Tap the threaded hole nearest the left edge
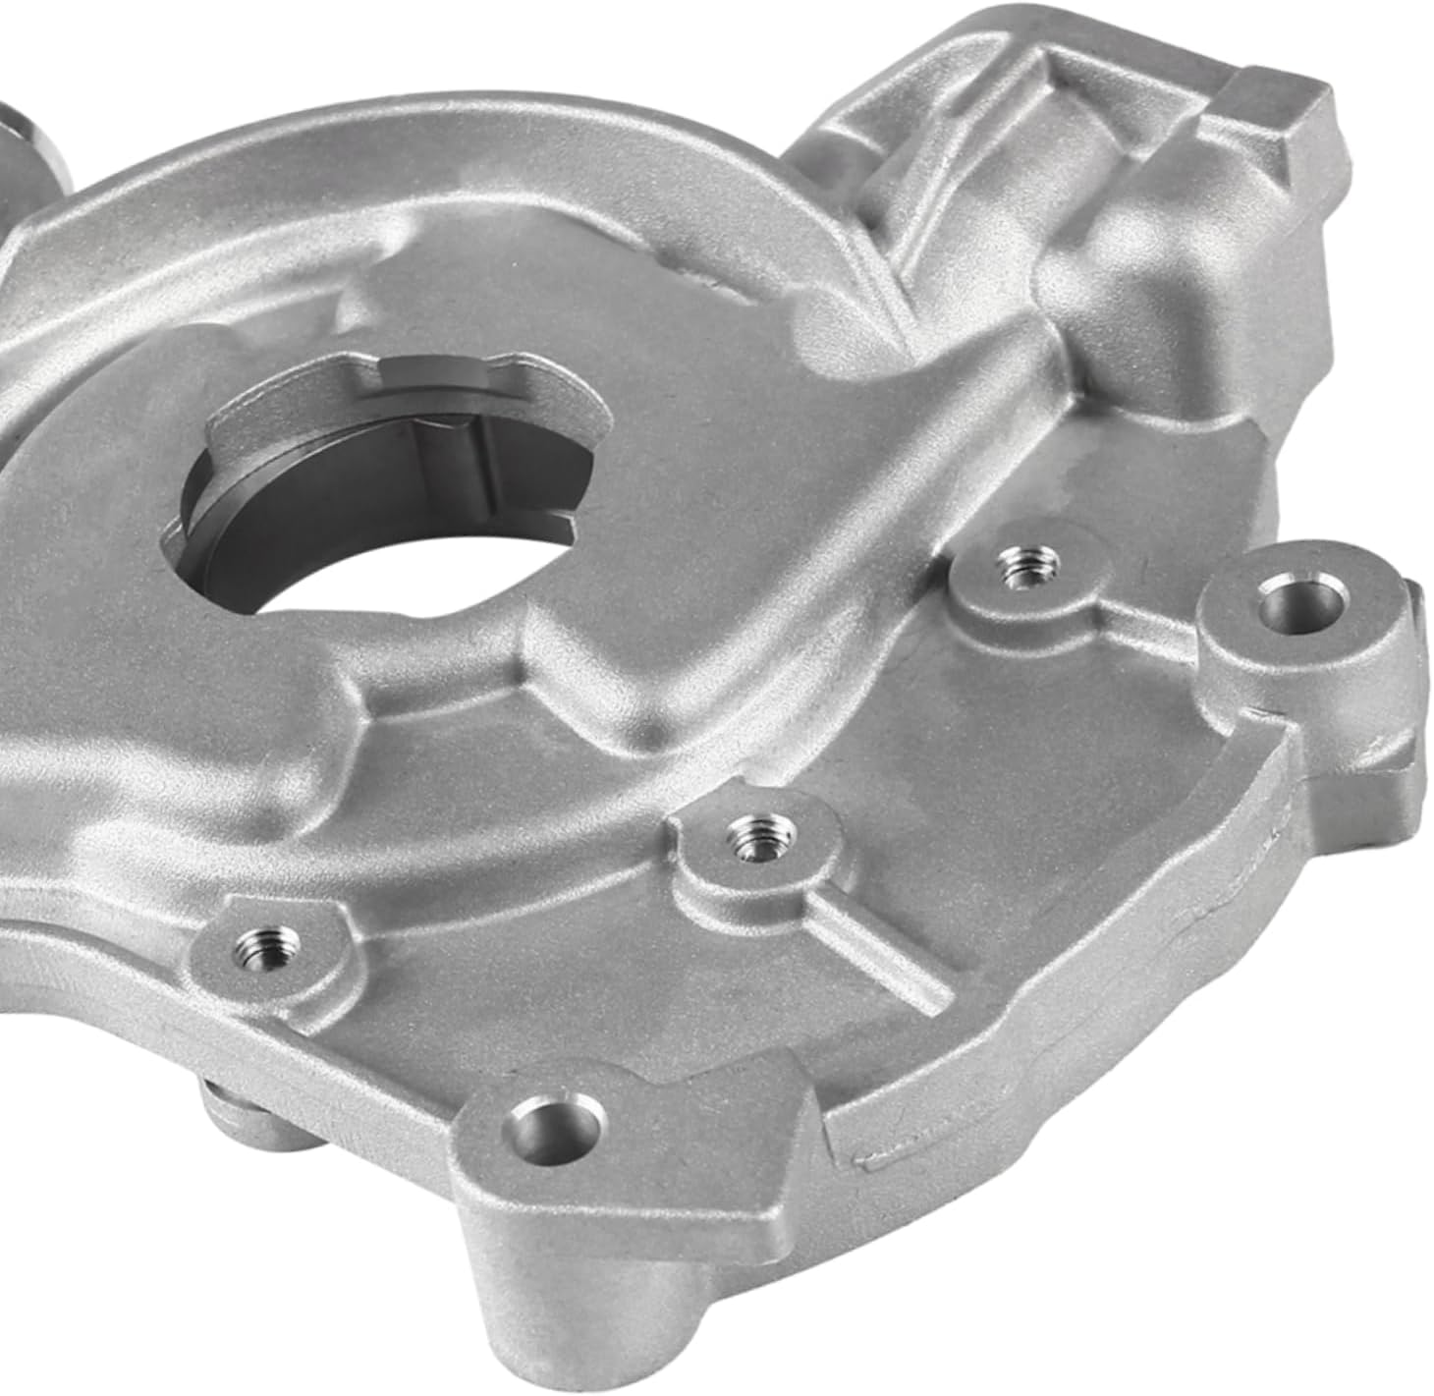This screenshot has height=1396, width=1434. (x=258, y=946)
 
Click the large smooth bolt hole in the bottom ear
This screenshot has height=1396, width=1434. (x=553, y=1121)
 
